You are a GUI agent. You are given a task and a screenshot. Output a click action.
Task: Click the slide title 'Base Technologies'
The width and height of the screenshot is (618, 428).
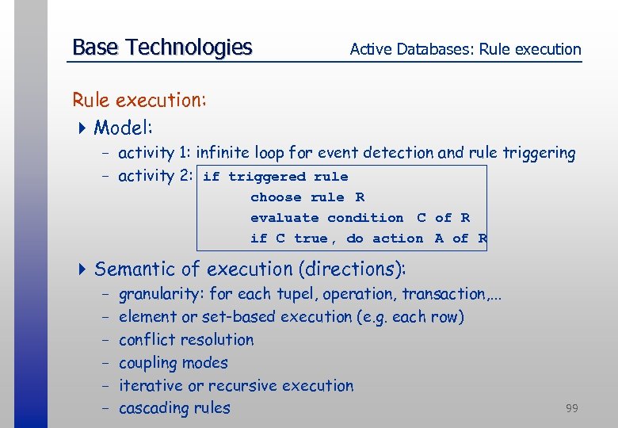click(162, 48)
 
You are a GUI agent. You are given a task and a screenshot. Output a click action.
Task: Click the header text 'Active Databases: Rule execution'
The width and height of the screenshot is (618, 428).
click(465, 49)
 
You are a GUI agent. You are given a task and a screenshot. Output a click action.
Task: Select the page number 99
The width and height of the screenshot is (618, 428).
click(571, 408)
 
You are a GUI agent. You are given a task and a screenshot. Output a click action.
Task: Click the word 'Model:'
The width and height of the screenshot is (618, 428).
click(124, 128)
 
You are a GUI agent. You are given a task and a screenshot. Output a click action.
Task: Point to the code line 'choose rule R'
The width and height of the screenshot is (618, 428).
click(307, 197)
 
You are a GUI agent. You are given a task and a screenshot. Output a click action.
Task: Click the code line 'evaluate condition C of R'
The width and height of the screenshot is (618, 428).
click(360, 218)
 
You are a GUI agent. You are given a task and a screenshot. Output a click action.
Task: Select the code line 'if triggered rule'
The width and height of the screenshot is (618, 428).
click(275, 177)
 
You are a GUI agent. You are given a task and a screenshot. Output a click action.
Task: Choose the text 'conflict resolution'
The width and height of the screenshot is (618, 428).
click(186, 340)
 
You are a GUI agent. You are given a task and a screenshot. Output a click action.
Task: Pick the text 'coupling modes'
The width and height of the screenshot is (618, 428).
click(173, 363)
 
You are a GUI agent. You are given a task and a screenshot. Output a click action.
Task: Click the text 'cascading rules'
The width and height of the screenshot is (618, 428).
click(174, 409)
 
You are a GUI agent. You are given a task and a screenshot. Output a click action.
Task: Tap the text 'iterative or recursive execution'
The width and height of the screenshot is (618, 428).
click(236, 386)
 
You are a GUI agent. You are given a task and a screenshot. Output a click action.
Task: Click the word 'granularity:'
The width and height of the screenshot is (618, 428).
click(162, 295)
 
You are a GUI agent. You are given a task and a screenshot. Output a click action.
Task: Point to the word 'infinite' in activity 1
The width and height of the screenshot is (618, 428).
click(224, 153)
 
